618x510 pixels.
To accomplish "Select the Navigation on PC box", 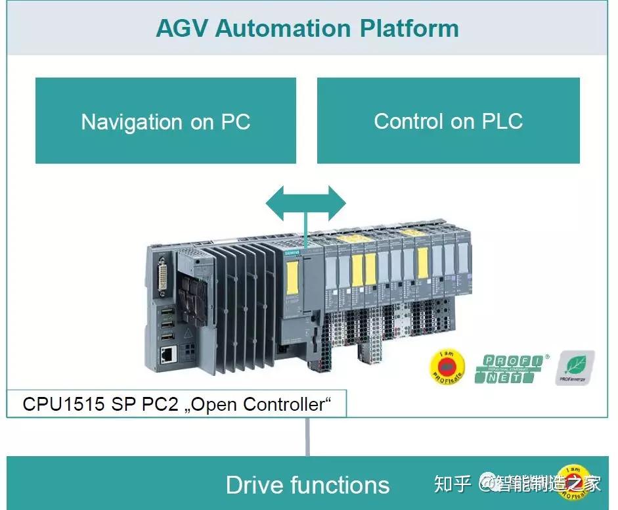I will [x=166, y=121].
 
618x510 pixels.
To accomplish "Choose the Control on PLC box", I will [x=448, y=121].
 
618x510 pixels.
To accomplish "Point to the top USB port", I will [x=167, y=308].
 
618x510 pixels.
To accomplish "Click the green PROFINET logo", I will [x=512, y=368].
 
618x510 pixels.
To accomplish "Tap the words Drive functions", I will [x=307, y=485].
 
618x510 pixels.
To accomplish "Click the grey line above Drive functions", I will [x=307, y=436].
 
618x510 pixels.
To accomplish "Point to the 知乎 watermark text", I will [x=452, y=485].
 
